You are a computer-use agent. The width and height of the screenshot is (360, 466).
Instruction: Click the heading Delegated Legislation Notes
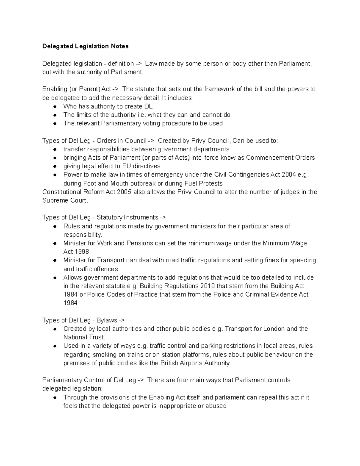click(x=85, y=46)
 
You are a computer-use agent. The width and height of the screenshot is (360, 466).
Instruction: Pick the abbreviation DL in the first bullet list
click(x=148, y=106)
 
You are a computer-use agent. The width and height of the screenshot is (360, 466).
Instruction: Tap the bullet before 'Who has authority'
click(x=55, y=107)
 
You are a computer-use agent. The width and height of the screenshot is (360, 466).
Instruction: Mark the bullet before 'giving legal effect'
click(x=55, y=166)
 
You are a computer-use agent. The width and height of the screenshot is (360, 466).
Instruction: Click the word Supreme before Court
click(x=55, y=200)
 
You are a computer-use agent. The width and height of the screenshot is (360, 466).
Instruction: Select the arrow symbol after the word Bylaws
click(x=122, y=320)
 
